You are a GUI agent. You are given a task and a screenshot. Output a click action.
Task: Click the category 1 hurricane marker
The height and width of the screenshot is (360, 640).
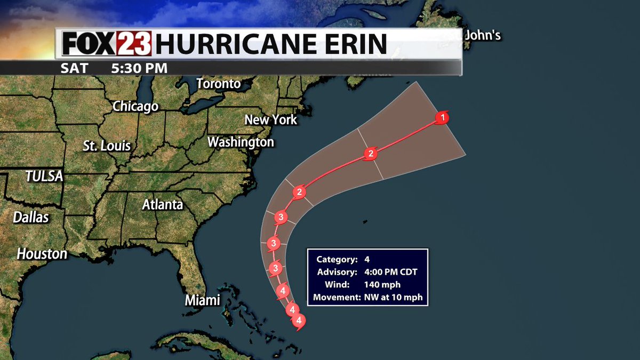pos(442,117)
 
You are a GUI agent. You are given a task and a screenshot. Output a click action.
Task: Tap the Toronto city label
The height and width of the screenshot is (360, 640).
pos(219,84)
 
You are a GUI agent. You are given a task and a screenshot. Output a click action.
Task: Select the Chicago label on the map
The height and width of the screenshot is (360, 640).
pos(135,106)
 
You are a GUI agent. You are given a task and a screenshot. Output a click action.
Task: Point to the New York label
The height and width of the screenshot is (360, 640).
pos(270,119)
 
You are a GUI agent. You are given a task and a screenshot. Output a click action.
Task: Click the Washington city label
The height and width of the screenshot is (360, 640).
pos(241,142)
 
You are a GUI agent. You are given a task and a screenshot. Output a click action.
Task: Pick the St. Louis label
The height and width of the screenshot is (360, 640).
pos(107,146)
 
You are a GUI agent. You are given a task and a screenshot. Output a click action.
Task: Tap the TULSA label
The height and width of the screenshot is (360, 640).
pos(44,176)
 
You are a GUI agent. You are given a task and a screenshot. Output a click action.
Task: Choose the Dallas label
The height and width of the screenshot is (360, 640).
pos(31,217)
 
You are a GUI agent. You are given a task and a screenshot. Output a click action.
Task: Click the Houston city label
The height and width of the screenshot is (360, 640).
pos(42,254)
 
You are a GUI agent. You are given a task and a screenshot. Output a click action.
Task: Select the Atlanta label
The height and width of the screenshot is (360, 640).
pos(163,204)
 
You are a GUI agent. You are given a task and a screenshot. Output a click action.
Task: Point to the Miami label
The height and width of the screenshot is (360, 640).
pos(203,300)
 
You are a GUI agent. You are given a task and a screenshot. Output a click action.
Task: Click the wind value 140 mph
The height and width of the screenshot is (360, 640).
pos(382,285)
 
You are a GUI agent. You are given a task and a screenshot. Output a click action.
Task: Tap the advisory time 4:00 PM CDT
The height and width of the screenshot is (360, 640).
pos(391,272)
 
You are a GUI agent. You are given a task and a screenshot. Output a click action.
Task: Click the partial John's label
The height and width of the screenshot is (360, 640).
pos(483,36)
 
